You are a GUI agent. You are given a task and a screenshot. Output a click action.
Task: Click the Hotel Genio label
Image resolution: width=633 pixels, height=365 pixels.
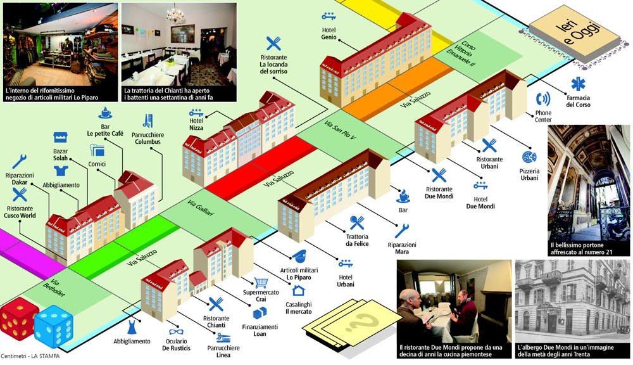point(328,33)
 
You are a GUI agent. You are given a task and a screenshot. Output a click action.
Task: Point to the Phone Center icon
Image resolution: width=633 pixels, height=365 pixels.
point(543,99)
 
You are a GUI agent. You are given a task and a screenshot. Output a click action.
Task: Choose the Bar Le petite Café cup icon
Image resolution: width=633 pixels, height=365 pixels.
point(105,113)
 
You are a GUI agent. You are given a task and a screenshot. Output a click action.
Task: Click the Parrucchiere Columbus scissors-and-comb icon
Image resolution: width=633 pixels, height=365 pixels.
point(148,119)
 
